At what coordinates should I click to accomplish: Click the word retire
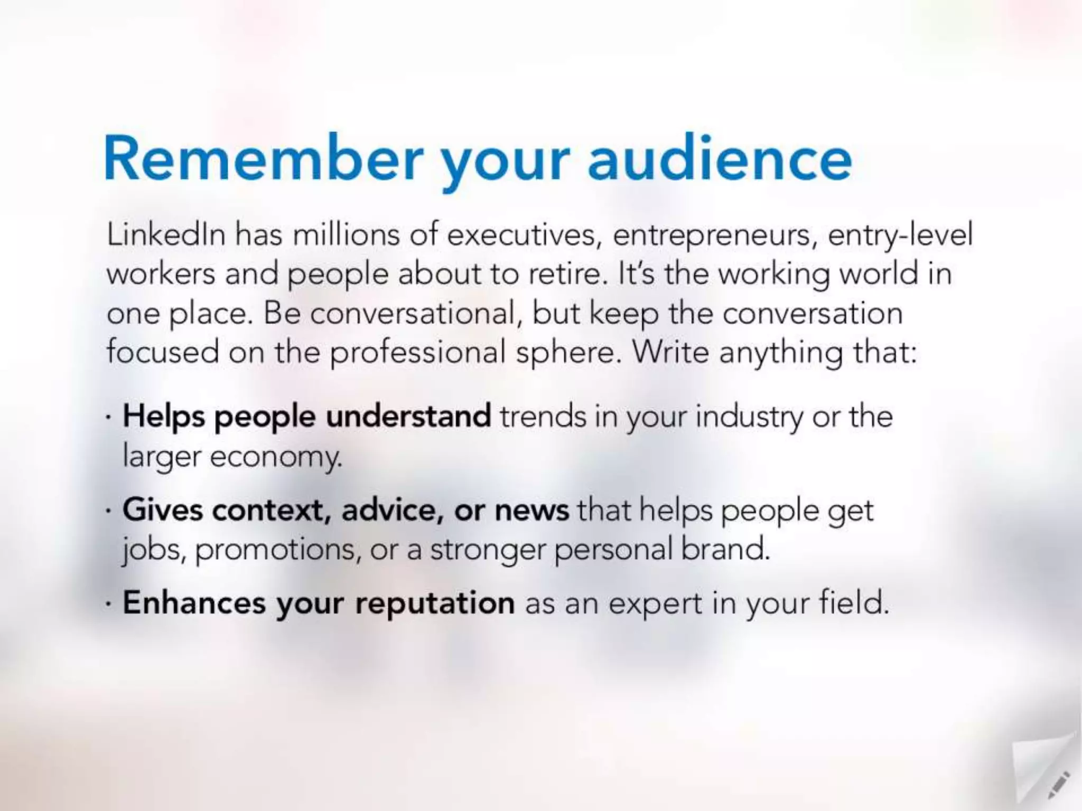(565, 274)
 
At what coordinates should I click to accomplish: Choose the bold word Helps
(164, 417)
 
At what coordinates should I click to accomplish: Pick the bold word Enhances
(194, 602)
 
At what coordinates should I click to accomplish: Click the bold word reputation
(434, 603)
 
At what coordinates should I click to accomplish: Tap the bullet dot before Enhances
(108, 603)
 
